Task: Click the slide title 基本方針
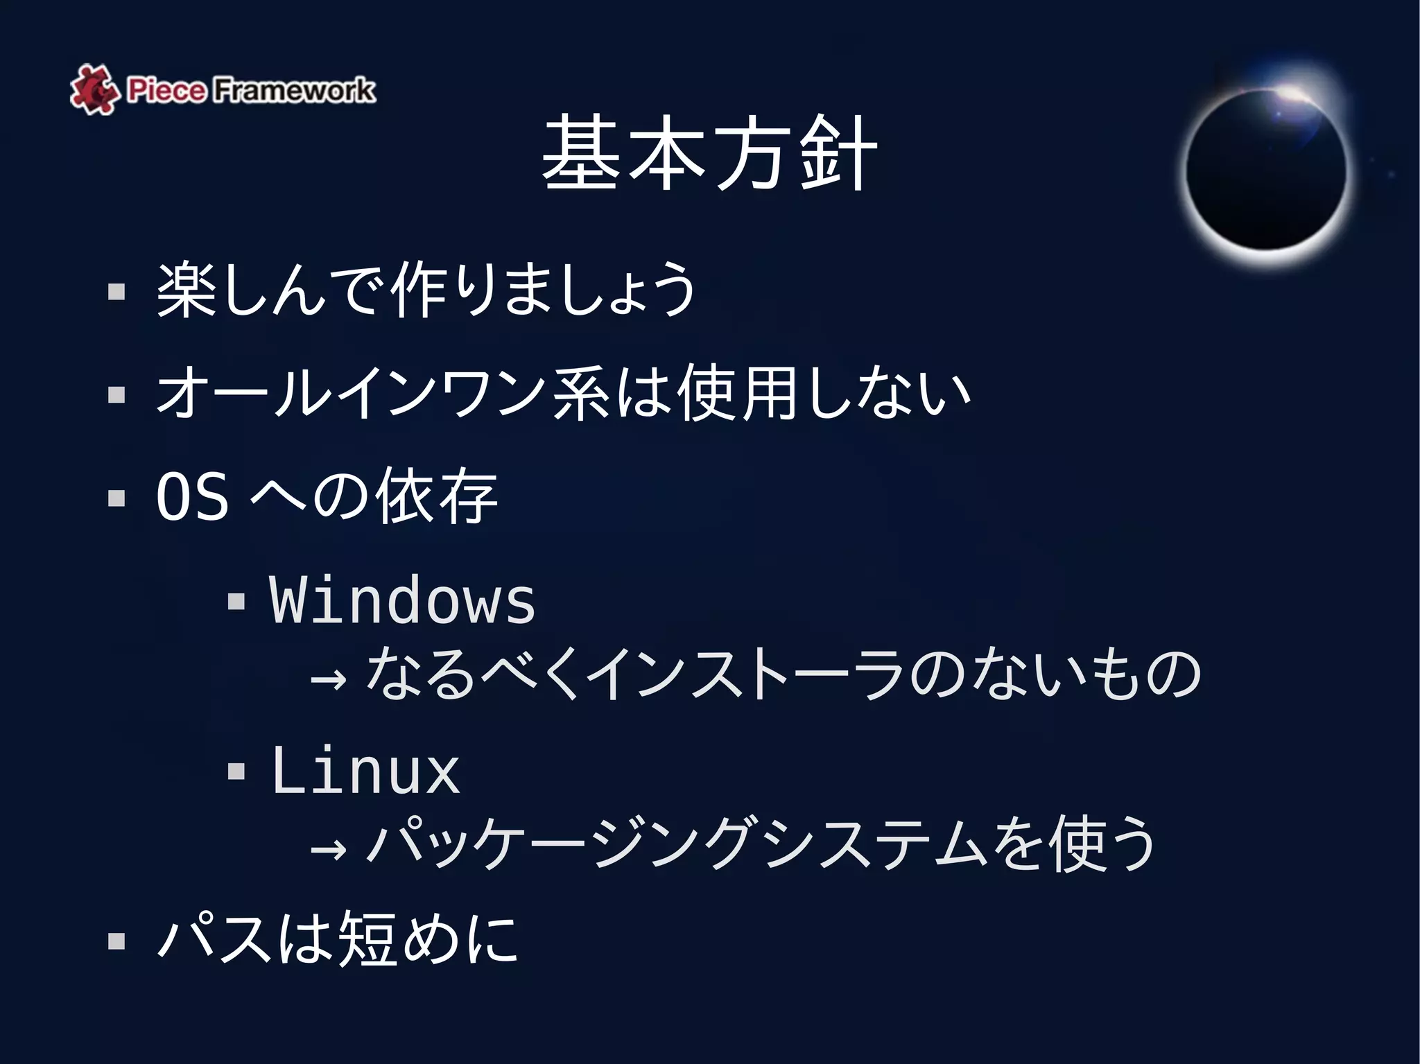pos(709,154)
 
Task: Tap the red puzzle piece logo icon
pos(93,89)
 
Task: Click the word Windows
pos(402,600)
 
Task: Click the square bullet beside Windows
pos(236,600)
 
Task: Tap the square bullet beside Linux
pos(236,771)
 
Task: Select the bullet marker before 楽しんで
pos(116,291)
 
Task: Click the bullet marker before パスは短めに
pos(116,941)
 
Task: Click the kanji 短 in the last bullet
pos(367,939)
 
